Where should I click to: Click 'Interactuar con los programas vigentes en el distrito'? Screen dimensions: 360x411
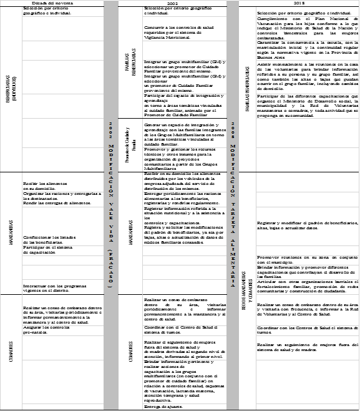55,288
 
